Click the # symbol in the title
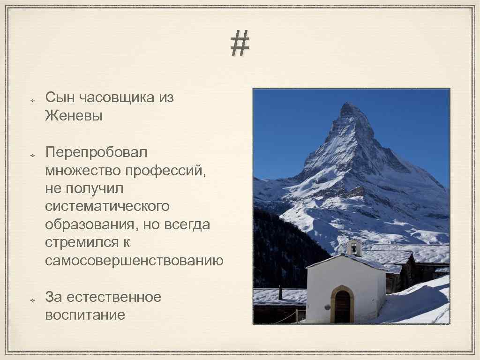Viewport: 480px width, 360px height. pyautogui.click(x=240, y=44)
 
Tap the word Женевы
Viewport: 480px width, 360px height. pyautogui.click(x=74, y=116)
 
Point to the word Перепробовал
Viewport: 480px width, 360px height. pyautogui.click(x=96, y=152)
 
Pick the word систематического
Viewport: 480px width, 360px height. pyautogui.click(x=107, y=206)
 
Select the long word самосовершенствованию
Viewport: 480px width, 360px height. pyautogui.click(x=134, y=261)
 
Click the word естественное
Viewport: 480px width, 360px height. pyautogui.click(x=114, y=297)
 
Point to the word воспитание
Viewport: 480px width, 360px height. pyautogui.click(x=85, y=315)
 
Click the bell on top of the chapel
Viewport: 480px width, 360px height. pyautogui.click(x=353, y=247)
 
